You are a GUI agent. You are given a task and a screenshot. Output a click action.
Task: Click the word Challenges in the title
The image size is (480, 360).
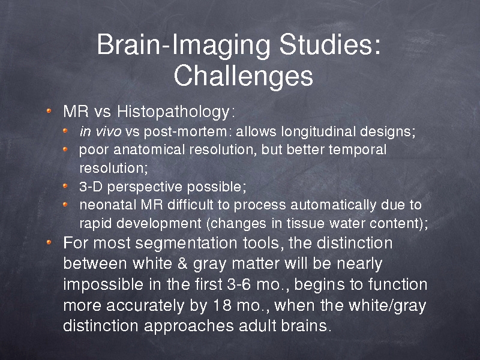tap(244, 77)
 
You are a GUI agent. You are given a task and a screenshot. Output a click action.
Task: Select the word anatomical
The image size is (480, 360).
tap(149, 149)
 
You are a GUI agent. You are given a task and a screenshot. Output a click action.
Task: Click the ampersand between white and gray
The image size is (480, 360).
tap(182, 263)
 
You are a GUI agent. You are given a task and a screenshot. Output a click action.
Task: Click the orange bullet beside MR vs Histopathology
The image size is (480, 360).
tap(49, 111)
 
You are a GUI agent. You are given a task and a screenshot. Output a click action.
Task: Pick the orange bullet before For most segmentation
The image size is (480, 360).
tap(49, 242)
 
